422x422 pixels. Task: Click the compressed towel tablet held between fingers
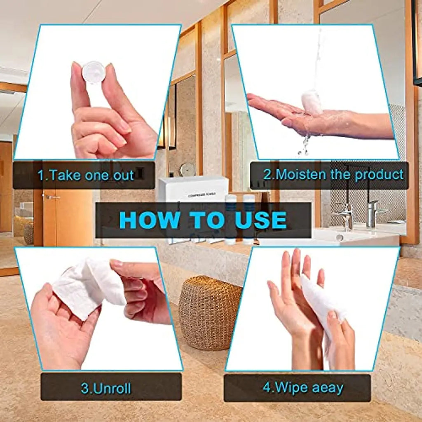tap(94, 72)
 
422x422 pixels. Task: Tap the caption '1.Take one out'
tap(86, 175)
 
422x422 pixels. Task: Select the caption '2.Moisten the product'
tap(333, 174)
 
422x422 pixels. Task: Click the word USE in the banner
tap(260, 220)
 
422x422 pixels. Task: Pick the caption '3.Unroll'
tap(106, 388)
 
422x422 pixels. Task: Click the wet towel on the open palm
tap(312, 103)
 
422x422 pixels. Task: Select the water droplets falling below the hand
tap(305, 144)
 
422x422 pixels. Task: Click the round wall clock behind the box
tap(188, 169)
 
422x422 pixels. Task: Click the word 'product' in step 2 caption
tap(379, 174)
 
